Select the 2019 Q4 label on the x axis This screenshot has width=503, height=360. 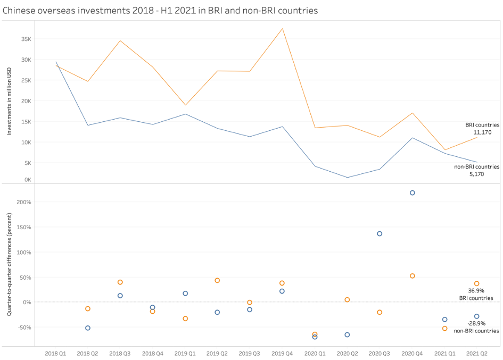click(282, 353)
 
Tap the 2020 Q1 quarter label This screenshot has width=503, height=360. click(315, 353)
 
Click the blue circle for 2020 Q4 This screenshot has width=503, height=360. click(412, 192)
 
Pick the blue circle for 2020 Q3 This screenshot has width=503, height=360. click(380, 233)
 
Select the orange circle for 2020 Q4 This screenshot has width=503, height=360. click(412, 276)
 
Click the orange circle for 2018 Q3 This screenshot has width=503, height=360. click(120, 282)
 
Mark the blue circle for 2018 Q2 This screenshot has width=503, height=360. click(88, 328)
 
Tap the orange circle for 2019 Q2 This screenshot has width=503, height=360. click(217, 280)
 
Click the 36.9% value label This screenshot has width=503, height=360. click(476, 291)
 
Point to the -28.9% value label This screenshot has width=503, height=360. click(476, 323)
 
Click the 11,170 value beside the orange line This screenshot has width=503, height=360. click(482, 132)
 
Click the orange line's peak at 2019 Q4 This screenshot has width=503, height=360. click(282, 28)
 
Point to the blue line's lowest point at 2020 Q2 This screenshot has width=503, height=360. click(347, 178)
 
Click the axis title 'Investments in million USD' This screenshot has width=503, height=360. click(9, 102)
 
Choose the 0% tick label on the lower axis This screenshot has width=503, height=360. click(27, 302)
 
